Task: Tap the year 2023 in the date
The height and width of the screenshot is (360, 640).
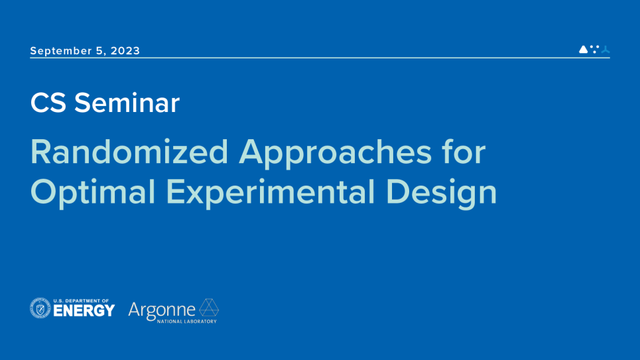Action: pyautogui.click(x=125, y=51)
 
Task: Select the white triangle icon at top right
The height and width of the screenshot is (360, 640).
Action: pyautogui.click(x=584, y=49)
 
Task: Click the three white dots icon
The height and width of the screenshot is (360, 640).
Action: pyautogui.click(x=594, y=49)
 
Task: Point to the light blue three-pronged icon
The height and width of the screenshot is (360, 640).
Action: pyautogui.click(x=605, y=49)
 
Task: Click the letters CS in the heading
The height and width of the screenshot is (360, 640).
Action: pyautogui.click(x=48, y=103)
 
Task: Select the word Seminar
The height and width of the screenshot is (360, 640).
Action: pyautogui.click(x=127, y=103)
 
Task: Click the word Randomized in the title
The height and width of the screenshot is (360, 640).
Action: pyautogui.click(x=129, y=152)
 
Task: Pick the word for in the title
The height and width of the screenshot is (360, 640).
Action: pyautogui.click(x=464, y=152)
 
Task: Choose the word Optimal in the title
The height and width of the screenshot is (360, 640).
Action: pyautogui.click(x=93, y=192)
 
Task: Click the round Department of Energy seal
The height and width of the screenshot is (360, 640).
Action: pyautogui.click(x=40, y=308)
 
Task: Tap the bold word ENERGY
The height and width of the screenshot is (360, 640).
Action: pyautogui.click(x=84, y=311)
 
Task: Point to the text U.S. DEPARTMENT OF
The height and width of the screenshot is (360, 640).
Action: pyautogui.click(x=81, y=300)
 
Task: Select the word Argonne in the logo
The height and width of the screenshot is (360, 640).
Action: pyautogui.click(x=162, y=309)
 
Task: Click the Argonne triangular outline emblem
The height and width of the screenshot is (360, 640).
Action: pyautogui.click(x=209, y=308)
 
